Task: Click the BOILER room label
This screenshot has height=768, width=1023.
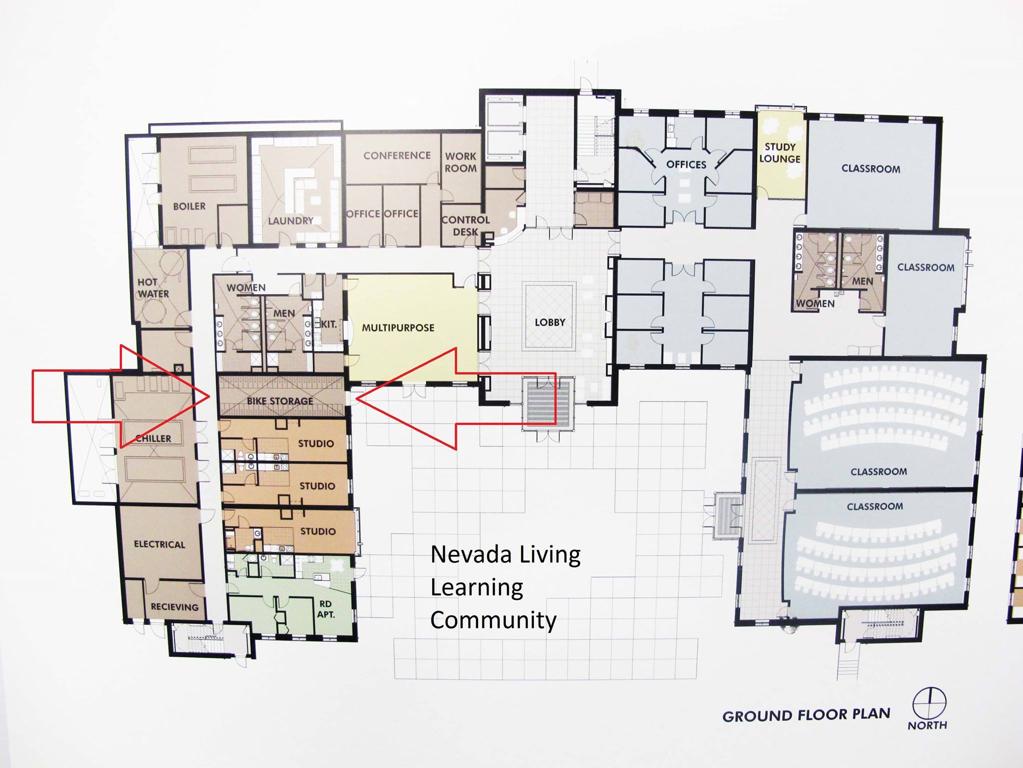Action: (189, 206)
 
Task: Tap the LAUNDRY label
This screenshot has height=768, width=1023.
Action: (291, 220)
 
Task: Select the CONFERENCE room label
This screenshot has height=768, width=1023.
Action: (397, 155)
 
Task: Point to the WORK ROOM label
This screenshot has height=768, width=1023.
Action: (461, 162)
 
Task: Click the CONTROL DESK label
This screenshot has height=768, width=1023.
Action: (466, 225)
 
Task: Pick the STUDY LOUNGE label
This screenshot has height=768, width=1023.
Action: (780, 152)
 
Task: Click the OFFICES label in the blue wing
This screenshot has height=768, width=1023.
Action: (686, 164)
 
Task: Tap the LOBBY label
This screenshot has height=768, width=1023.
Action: (550, 322)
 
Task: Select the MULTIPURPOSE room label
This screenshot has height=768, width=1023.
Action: (398, 328)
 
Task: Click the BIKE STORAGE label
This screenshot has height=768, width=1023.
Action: (280, 401)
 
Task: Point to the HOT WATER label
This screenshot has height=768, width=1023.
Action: (153, 288)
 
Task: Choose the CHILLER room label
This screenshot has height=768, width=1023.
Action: (153, 438)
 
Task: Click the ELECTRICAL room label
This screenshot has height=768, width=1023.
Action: (159, 544)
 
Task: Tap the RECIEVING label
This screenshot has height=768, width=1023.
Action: (175, 607)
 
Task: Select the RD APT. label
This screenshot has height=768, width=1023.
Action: (326, 609)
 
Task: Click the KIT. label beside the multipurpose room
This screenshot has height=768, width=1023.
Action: (329, 324)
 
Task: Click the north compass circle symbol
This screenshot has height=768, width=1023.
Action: (929, 703)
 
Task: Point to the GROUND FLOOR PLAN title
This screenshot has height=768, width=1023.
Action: (806, 715)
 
